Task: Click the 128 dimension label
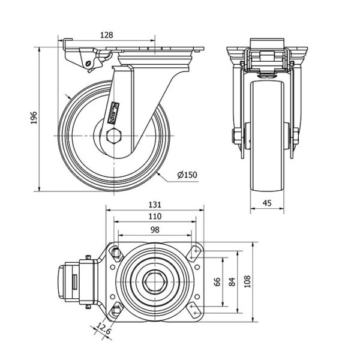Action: [106, 35]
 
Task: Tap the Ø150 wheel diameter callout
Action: [187, 175]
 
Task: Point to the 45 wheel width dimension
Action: [268, 203]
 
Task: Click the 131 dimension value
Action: [154, 205]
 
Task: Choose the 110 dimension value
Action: [154, 217]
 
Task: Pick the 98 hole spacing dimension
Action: [154, 229]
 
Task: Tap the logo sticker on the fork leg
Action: [114, 111]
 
